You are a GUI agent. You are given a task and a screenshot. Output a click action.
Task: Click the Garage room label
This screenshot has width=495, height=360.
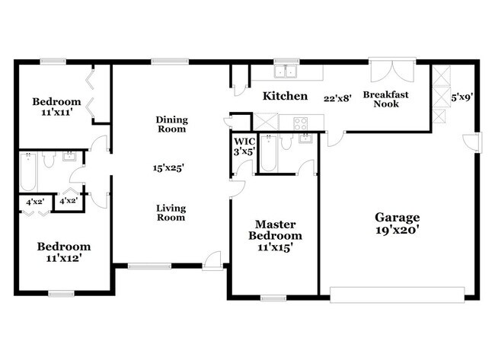(x=396, y=217)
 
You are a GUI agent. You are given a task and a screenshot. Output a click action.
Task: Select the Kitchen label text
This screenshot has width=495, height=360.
(x=285, y=97)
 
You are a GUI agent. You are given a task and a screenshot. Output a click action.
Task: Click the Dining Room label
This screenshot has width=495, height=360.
(x=171, y=124)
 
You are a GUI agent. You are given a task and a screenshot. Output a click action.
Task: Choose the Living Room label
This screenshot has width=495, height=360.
(x=171, y=212)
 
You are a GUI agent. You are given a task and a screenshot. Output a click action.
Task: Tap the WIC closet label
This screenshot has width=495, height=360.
(x=244, y=142)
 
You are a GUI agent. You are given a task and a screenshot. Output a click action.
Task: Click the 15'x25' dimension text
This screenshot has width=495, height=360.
(x=170, y=167)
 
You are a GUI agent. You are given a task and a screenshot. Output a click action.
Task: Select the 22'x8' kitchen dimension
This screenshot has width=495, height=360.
(x=337, y=98)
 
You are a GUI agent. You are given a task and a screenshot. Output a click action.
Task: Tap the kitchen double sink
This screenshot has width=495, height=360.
(x=286, y=72)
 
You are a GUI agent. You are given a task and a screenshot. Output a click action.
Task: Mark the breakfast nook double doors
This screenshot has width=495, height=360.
(x=393, y=70)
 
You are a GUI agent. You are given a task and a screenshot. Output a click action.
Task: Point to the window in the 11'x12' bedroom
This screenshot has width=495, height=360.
(x=61, y=293)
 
